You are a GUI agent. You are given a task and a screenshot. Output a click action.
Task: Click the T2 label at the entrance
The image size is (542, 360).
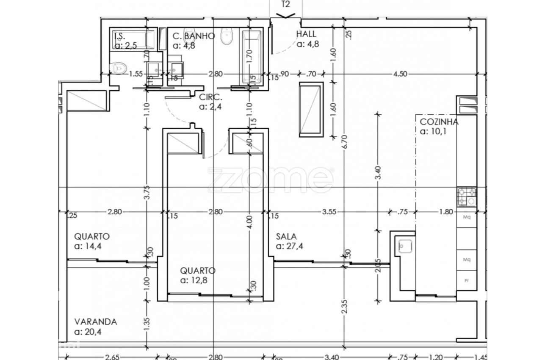286,5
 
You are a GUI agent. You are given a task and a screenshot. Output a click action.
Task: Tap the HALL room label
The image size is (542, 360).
306,34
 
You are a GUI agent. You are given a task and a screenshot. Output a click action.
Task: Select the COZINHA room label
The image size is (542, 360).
439,122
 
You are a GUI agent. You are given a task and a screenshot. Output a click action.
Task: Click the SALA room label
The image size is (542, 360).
286,236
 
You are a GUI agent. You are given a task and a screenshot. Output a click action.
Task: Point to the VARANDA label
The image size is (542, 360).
95,321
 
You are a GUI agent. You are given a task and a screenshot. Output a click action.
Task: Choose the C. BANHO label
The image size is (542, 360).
194,36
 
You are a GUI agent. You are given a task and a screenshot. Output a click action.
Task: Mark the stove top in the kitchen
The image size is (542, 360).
467,197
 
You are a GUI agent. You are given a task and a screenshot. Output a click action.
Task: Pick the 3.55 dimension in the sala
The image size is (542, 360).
329,212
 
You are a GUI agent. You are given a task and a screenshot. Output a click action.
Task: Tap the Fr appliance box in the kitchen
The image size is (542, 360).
467,280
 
